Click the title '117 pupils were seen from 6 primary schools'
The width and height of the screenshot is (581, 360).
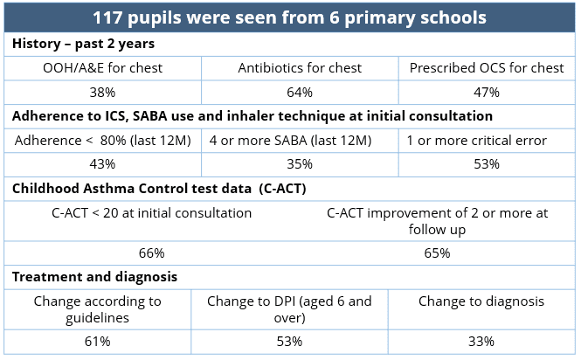coord(290,17)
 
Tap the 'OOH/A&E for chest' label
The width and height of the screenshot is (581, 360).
coord(103,68)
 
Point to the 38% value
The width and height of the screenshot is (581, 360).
coord(103,92)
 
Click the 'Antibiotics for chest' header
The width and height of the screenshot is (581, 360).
coord(300,68)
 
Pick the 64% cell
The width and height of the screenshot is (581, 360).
coord(300,92)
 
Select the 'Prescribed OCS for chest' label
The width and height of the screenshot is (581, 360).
coord(487,68)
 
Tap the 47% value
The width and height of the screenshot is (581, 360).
coord(487,92)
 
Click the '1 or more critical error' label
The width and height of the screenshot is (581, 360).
coord(477,140)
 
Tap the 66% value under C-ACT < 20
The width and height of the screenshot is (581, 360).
coord(152,253)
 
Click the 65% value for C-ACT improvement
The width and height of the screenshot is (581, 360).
coord(438,253)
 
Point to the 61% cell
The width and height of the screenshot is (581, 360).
coord(97,341)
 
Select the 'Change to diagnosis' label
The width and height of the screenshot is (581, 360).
coord(481,301)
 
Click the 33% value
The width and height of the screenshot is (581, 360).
coord(481,341)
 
